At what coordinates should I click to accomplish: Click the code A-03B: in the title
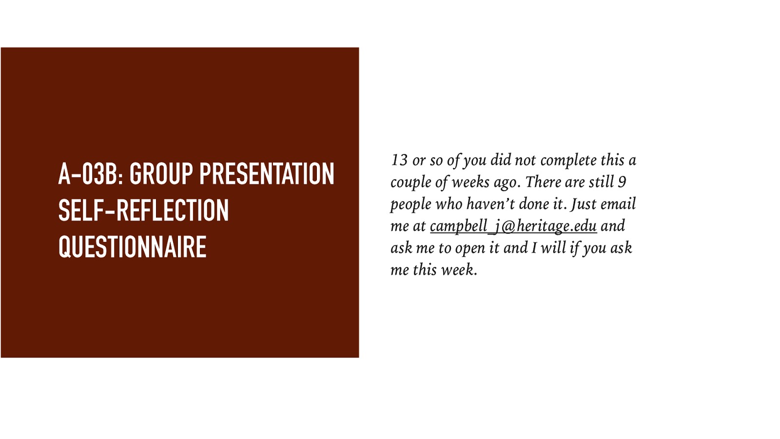coord(91,174)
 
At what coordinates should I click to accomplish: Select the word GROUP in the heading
coord(161,174)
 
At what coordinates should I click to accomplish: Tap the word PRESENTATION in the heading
coord(267,174)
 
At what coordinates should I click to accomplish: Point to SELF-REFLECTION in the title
coord(143,211)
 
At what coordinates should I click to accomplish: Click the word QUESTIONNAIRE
coord(132,247)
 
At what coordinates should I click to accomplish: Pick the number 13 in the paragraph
coord(399,160)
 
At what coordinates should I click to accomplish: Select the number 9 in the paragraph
coord(622,182)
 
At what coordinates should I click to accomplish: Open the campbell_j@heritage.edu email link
coord(513,226)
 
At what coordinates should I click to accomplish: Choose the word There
coord(543,182)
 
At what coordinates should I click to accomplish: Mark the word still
coord(601,182)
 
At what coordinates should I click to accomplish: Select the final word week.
coord(459,270)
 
